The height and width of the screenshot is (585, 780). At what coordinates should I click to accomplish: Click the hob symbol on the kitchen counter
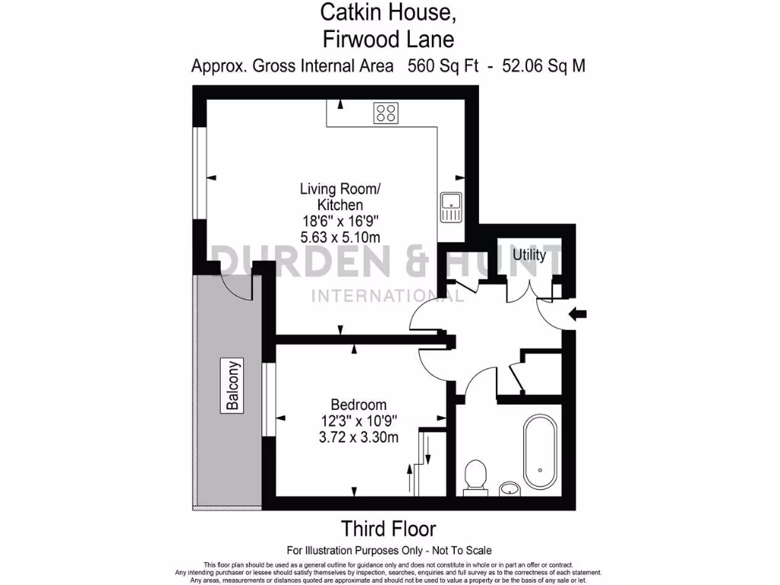(x=385, y=113)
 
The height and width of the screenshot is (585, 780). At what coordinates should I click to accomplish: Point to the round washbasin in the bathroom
(x=509, y=487)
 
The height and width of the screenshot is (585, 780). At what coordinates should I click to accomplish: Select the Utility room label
(x=529, y=255)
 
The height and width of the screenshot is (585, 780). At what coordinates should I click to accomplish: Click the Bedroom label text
(x=358, y=404)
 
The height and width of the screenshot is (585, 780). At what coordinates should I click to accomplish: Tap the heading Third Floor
(x=388, y=528)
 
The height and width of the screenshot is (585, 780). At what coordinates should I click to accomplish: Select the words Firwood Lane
(x=388, y=38)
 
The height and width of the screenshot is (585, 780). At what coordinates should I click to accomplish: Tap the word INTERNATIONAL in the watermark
(x=388, y=296)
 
